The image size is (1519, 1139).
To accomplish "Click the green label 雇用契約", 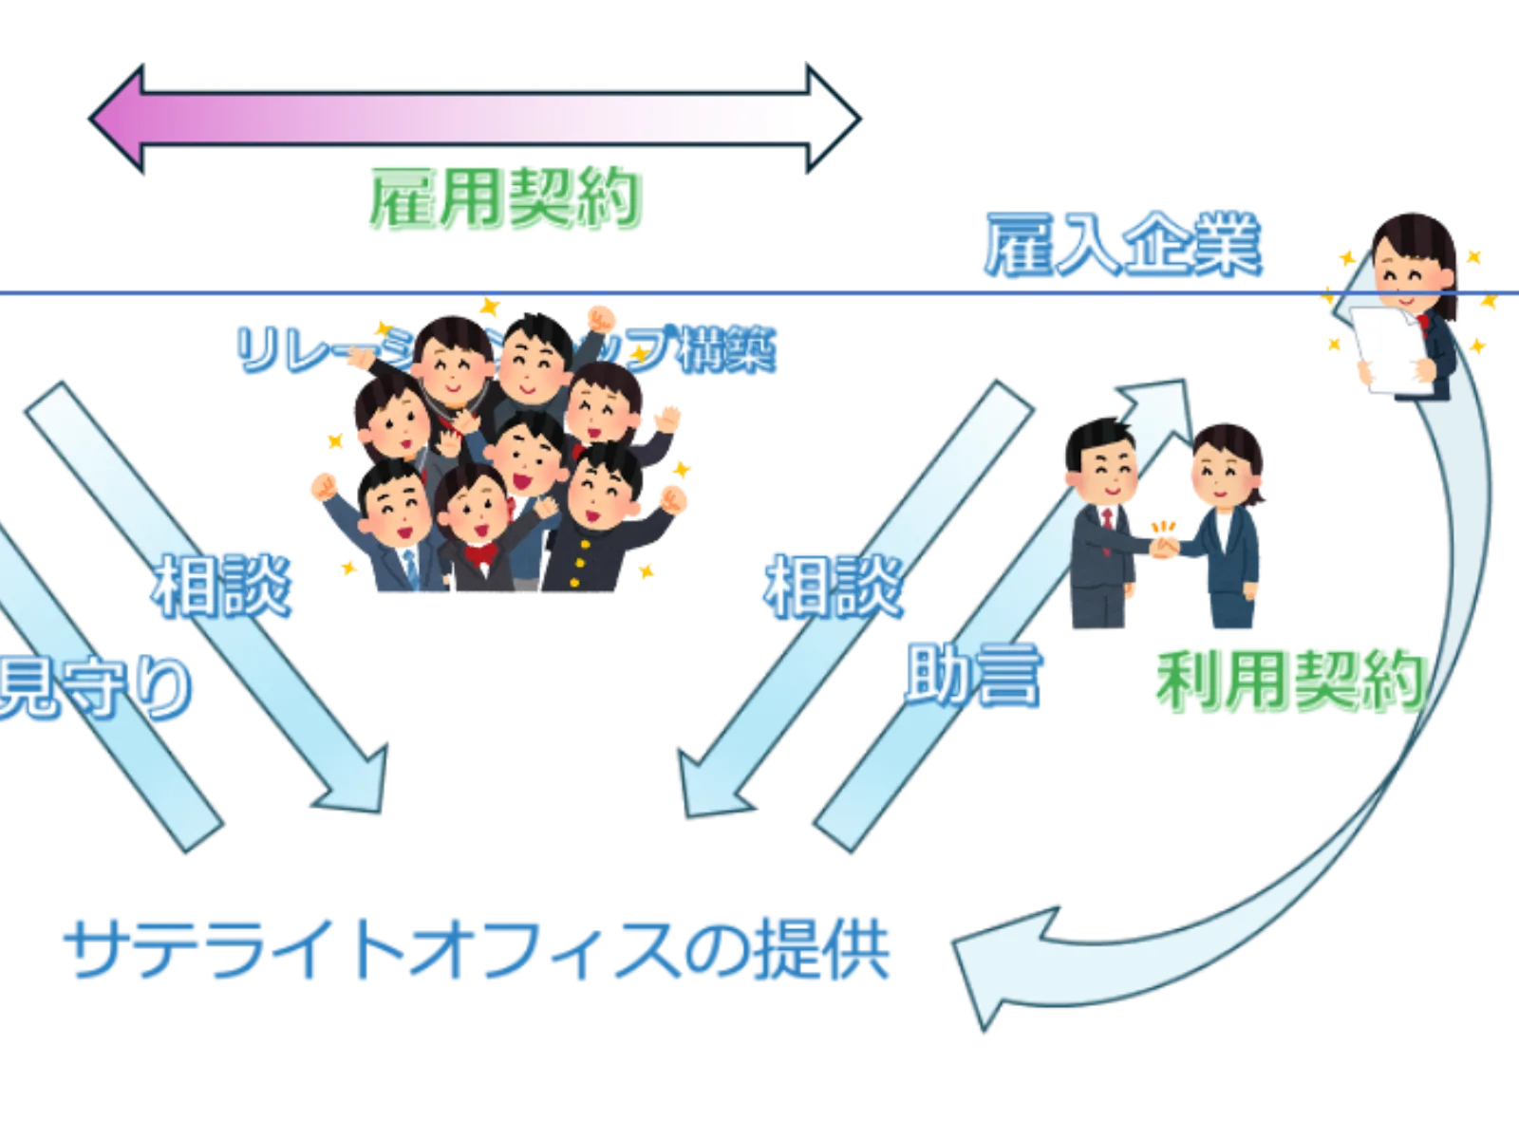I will click(x=504, y=200).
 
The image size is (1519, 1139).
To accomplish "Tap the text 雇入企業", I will click(x=1123, y=246).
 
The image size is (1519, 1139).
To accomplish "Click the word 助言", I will click(x=970, y=675).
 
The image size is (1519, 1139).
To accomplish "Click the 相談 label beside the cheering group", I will click(x=219, y=586).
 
